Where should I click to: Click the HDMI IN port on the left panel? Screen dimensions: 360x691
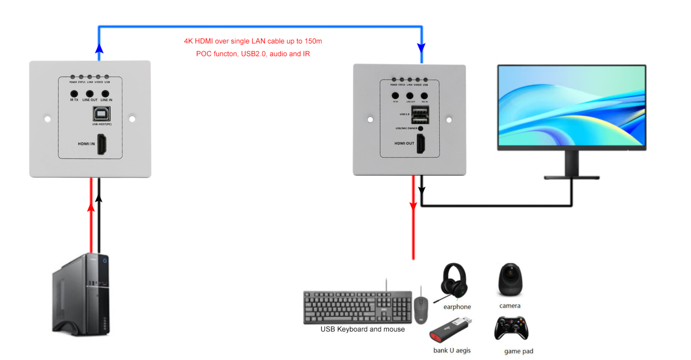102,144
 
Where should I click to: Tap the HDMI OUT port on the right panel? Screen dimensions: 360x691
421,144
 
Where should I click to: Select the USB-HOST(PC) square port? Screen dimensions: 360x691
102,114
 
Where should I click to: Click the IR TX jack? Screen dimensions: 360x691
74,94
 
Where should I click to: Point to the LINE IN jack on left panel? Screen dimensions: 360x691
105,94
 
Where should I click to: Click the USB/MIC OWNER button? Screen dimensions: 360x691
421,128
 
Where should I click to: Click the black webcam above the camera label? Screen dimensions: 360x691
510,280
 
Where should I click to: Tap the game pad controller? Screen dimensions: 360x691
511,328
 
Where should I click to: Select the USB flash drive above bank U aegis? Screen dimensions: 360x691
450,330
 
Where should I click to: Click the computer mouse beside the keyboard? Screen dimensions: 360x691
421,310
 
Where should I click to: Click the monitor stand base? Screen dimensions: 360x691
572,178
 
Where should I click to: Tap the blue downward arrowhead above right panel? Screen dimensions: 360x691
421,48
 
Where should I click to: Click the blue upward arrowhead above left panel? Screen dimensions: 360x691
99,49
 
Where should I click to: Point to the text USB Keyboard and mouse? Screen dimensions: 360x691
362,329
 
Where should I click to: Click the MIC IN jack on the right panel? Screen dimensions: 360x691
424,96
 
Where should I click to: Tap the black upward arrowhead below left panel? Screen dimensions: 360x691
99,198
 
